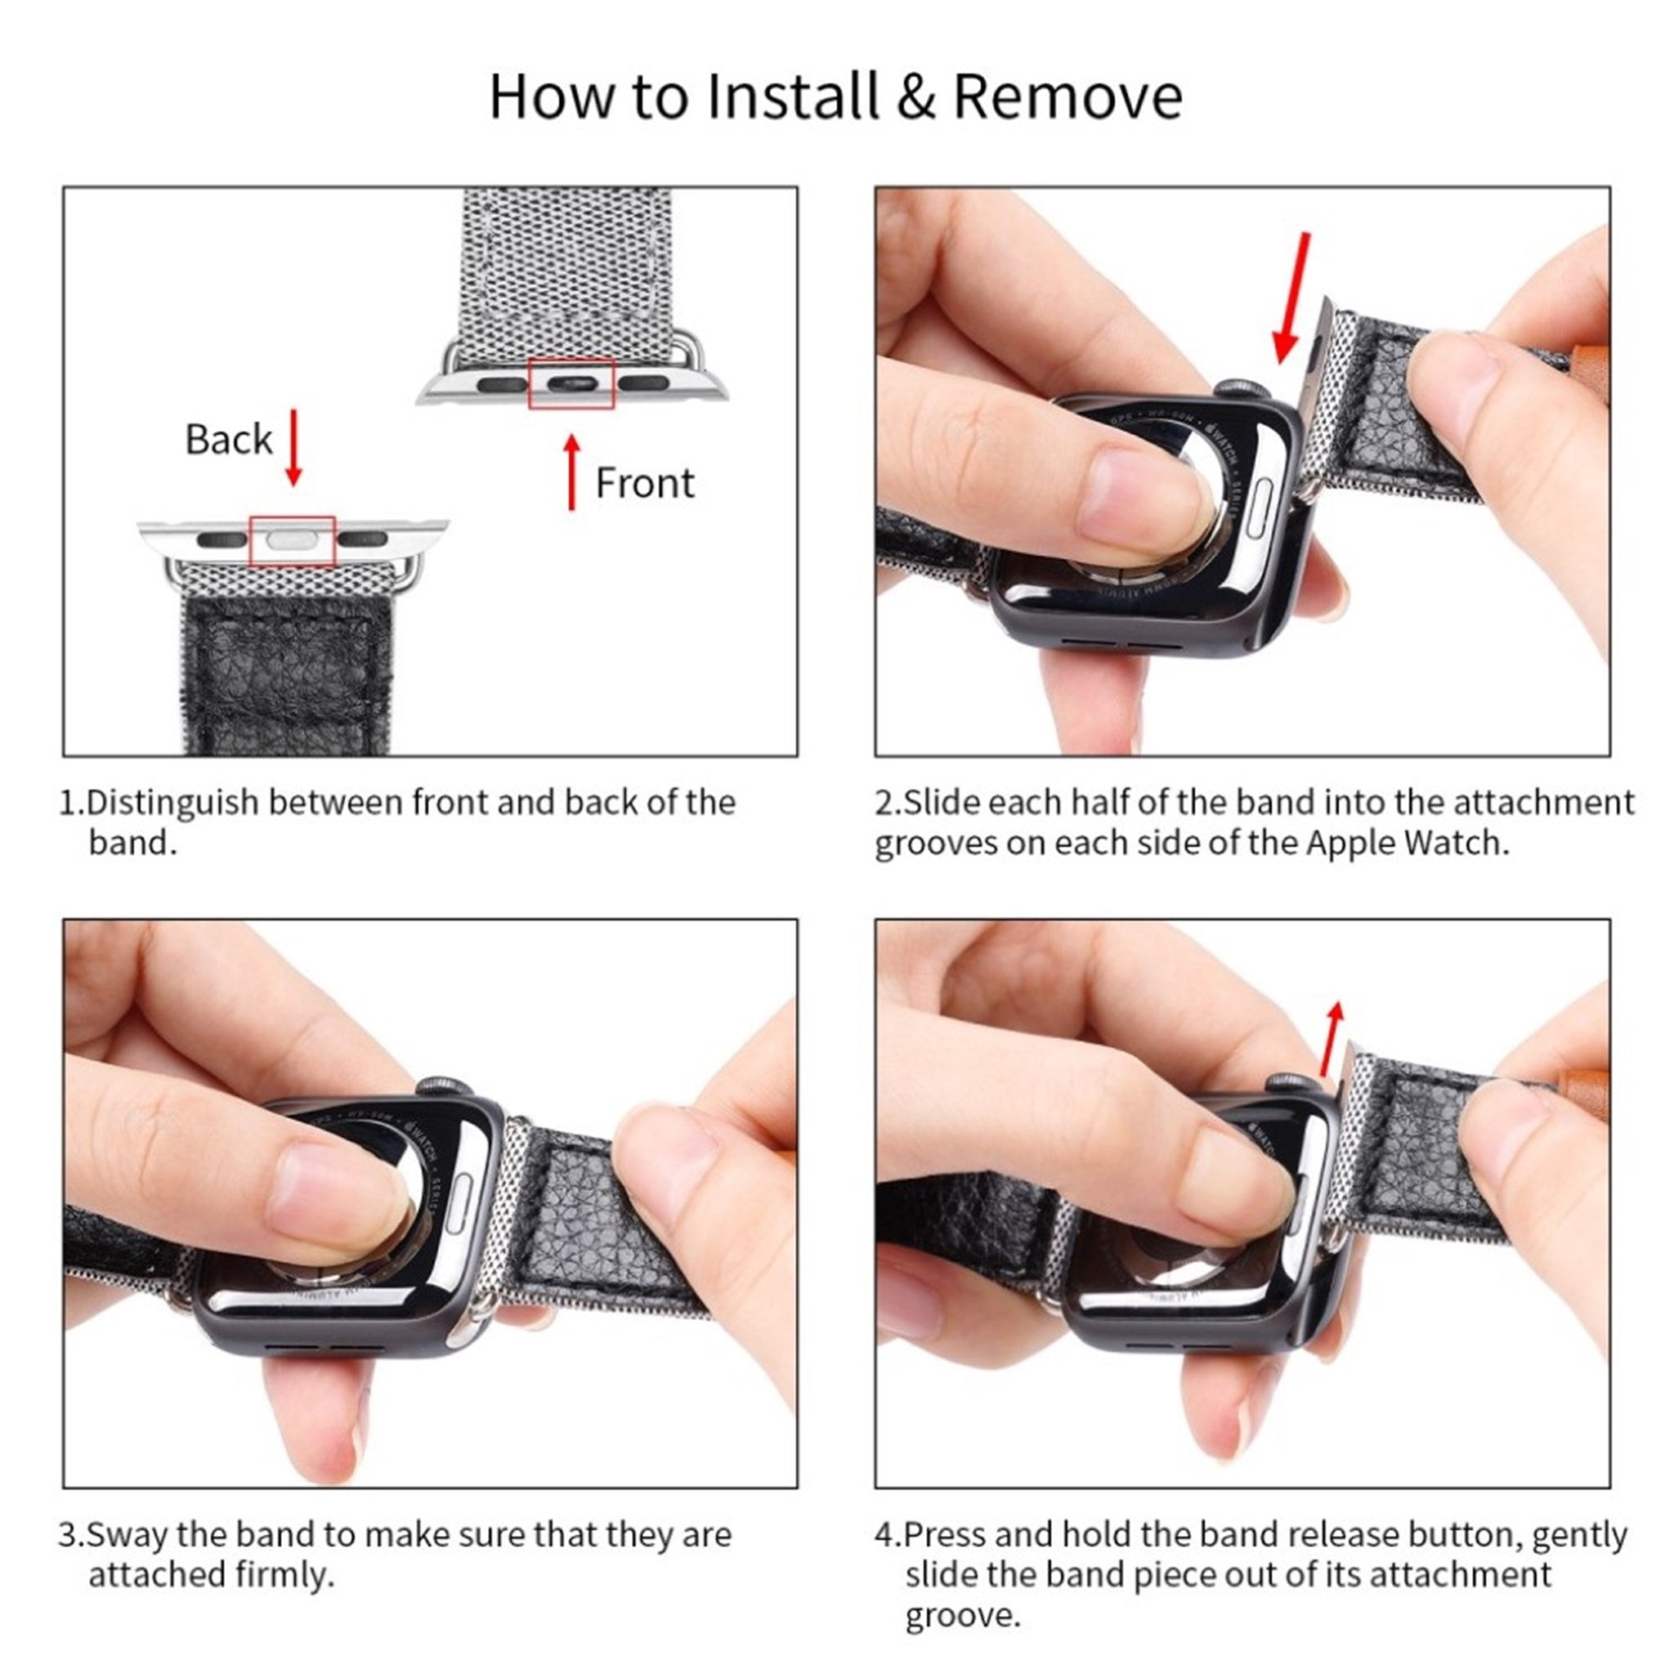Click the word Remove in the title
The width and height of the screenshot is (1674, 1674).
click(x=1068, y=97)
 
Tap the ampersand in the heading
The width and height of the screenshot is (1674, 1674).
click(x=915, y=97)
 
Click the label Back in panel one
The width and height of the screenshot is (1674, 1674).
click(x=229, y=439)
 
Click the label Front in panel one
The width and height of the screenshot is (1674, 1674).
click(x=645, y=482)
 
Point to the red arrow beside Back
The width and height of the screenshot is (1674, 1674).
click(x=293, y=447)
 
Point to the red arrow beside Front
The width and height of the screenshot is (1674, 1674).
click(x=572, y=472)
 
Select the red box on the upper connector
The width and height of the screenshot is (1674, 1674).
click(x=571, y=383)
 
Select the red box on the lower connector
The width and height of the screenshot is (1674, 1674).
click(x=292, y=540)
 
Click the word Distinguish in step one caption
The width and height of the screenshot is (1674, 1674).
click(x=173, y=803)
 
